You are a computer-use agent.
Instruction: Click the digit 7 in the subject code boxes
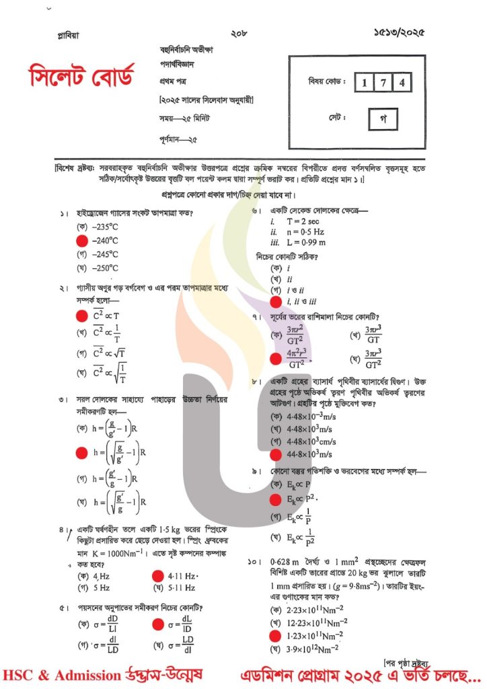coord(382,83)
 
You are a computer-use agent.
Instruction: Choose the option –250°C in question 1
coord(106,268)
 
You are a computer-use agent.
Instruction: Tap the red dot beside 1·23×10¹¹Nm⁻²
coord(274,635)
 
